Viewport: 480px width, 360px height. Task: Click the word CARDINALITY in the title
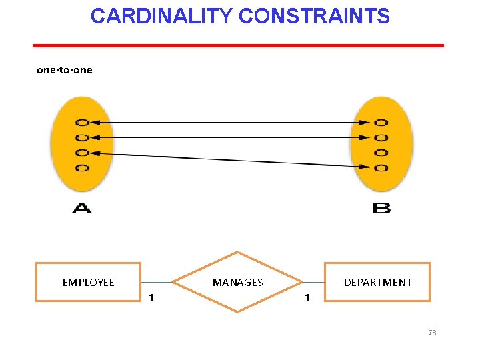point(161,16)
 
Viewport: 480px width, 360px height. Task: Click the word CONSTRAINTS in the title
point(313,16)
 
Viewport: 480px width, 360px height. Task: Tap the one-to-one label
point(64,69)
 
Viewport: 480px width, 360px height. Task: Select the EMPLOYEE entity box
point(88,282)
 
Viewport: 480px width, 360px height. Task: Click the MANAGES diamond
point(237,282)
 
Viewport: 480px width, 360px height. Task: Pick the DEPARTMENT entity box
point(377,282)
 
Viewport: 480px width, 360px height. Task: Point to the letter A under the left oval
point(81,209)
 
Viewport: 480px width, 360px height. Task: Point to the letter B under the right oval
point(381,209)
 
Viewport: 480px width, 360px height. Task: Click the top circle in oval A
point(82,123)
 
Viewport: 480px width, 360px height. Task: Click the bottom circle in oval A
point(82,168)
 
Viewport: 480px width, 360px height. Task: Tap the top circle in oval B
point(381,123)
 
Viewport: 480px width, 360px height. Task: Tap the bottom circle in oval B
point(381,168)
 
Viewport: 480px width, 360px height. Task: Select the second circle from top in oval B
point(381,138)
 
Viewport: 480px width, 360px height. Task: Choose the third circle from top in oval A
point(82,153)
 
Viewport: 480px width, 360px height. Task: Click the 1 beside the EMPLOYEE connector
point(151,297)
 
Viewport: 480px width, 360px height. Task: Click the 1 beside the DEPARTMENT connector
point(307,297)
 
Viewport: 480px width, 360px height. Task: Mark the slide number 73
point(432,333)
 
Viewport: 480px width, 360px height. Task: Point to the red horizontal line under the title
point(238,45)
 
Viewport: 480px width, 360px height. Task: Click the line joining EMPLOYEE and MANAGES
point(157,282)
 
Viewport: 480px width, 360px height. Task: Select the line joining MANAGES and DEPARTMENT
point(313,282)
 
